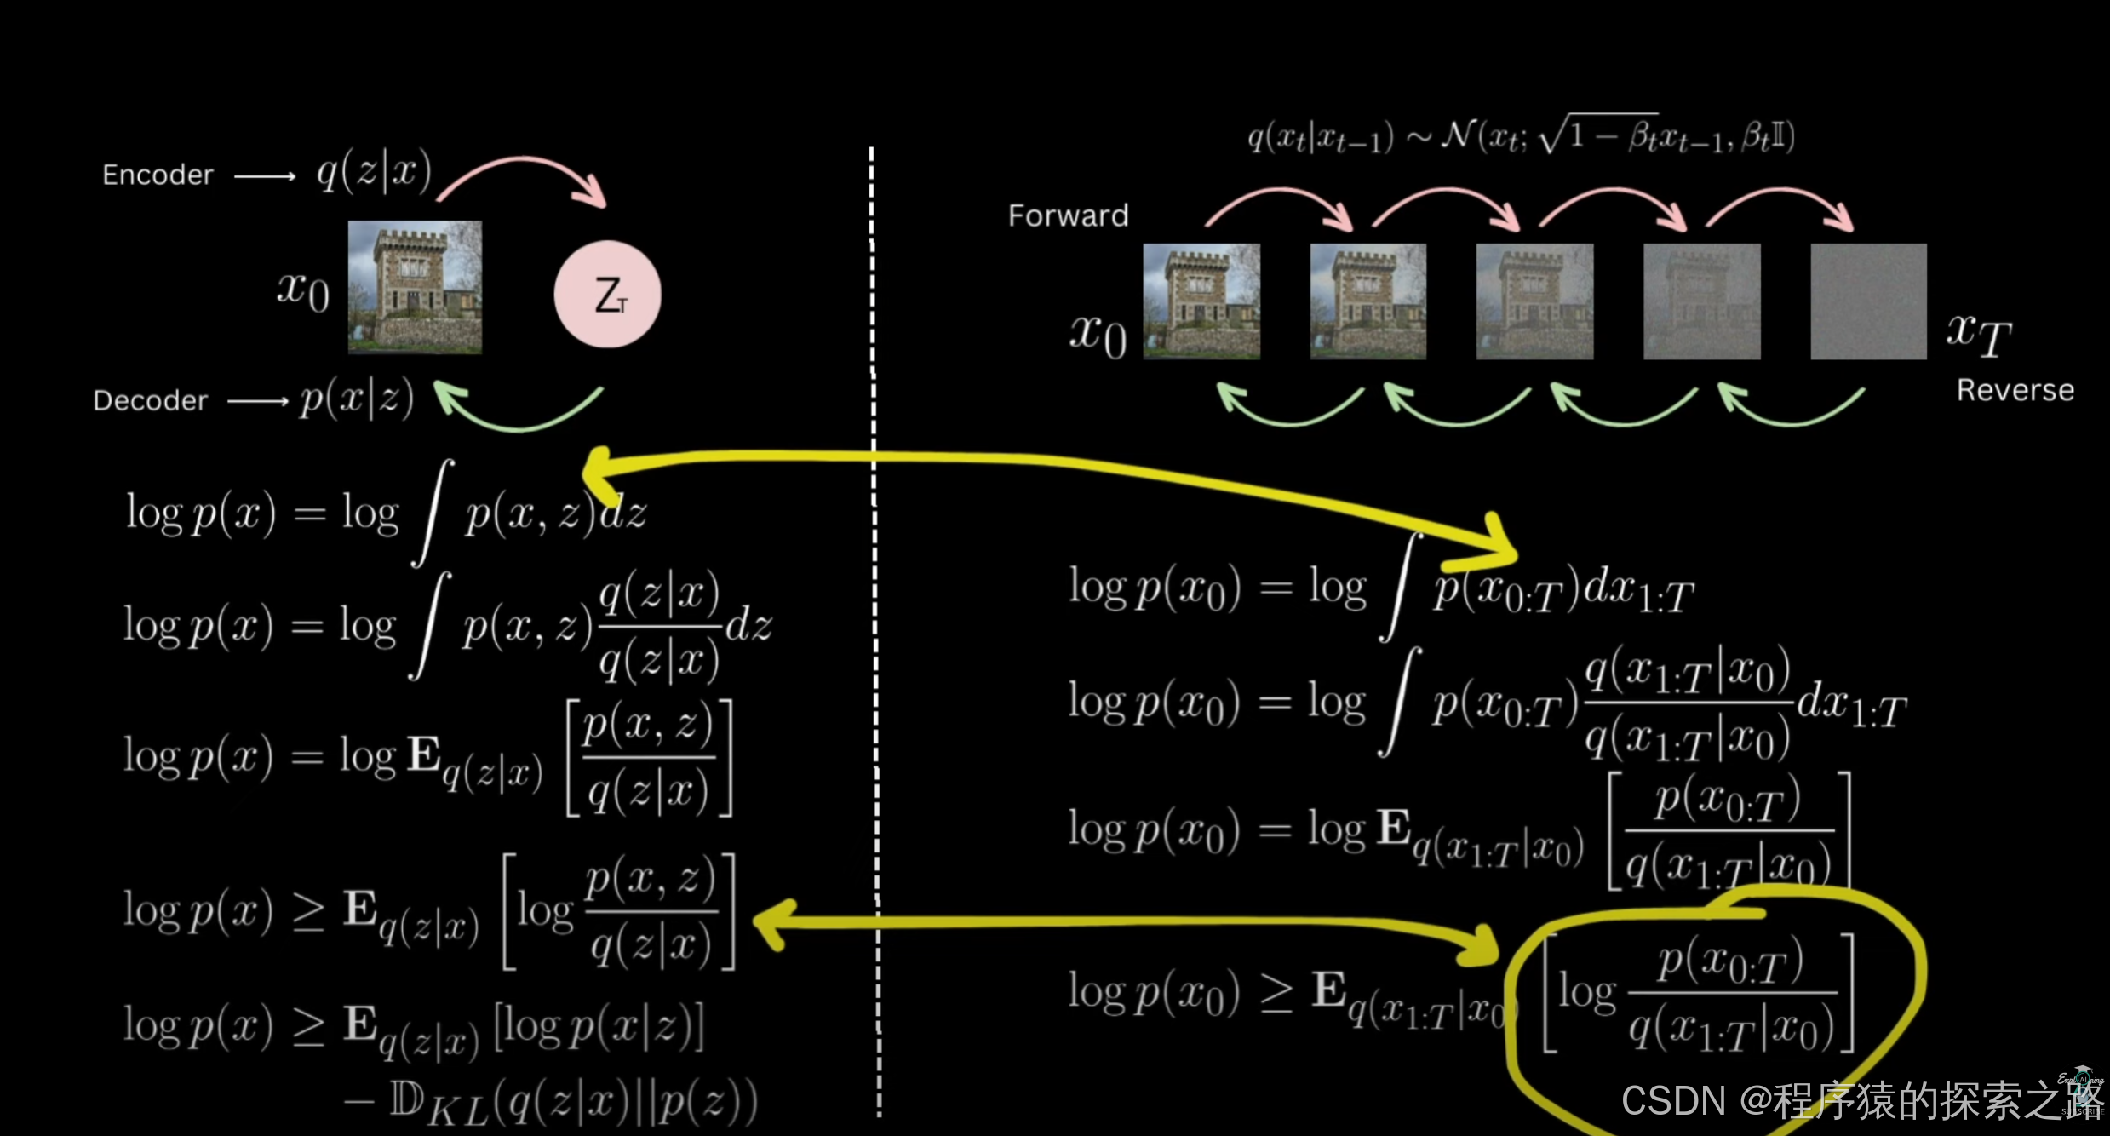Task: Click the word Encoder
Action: pos(158,175)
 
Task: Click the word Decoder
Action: pos(151,400)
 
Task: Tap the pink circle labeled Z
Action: pos(607,295)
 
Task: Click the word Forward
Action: pos(1068,215)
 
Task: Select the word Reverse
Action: pos(2015,390)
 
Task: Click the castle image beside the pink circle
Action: pos(415,288)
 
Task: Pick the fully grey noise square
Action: pos(1868,301)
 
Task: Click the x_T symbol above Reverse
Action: pos(1979,334)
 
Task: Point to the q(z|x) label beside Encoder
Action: pos(374,174)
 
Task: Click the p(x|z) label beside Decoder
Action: pos(357,399)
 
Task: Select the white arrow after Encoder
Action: pos(264,176)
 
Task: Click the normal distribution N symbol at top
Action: pos(1457,135)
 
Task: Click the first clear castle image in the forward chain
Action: pos(1201,301)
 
